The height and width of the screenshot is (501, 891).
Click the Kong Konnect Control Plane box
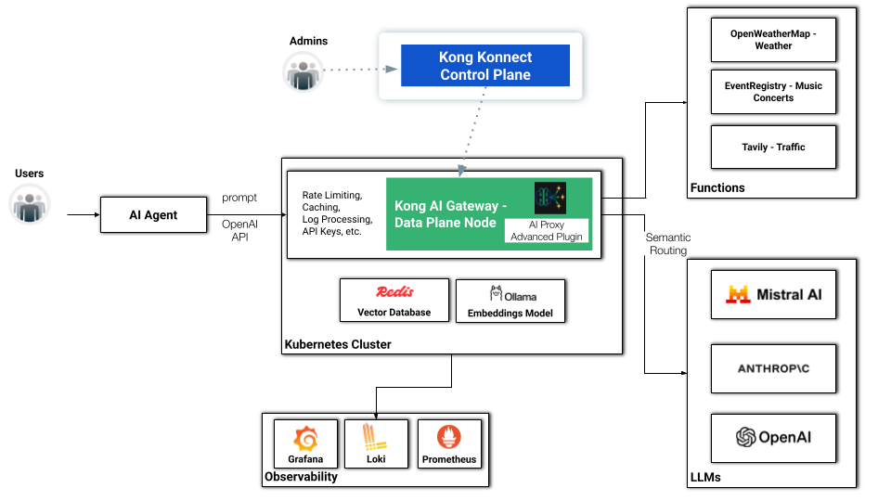click(x=485, y=65)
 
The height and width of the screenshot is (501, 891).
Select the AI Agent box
click(x=153, y=214)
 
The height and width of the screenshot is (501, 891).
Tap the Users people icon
click(x=30, y=204)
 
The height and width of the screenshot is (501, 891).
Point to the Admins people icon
click(x=303, y=72)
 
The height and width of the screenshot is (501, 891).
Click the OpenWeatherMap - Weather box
click(x=773, y=40)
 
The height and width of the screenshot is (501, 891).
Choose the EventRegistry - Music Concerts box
click(x=773, y=92)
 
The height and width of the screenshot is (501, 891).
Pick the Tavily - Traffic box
click(x=773, y=148)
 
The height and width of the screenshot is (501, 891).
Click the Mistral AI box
click(x=773, y=294)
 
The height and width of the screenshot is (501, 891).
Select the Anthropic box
click(x=773, y=368)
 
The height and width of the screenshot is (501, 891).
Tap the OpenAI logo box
click(x=773, y=438)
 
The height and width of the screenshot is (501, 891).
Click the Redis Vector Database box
click(x=394, y=301)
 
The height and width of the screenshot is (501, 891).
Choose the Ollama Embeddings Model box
click(x=510, y=301)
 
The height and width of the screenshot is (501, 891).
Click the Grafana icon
click(x=305, y=439)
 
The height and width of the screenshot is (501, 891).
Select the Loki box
click(x=376, y=443)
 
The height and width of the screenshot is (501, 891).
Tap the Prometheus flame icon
click(x=449, y=437)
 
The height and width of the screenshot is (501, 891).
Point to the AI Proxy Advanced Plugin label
click(x=547, y=231)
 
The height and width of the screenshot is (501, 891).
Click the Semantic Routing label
click(x=668, y=244)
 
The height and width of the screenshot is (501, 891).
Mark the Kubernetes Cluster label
click(x=338, y=344)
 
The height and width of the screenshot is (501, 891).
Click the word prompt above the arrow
click(x=239, y=198)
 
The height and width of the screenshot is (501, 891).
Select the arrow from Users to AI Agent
click(x=84, y=214)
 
